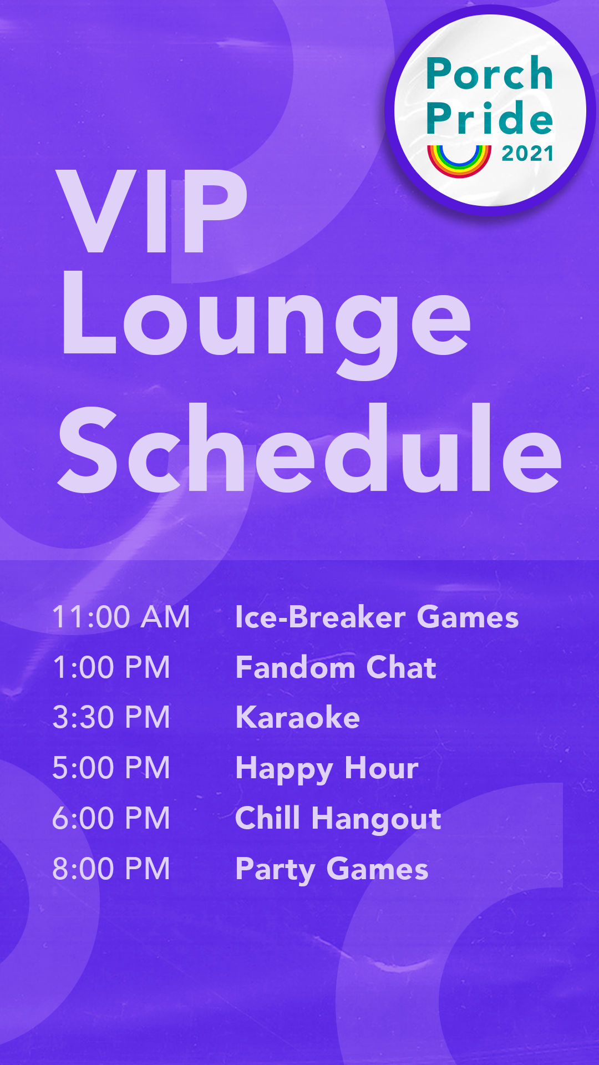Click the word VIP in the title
pyautogui.click(x=153, y=212)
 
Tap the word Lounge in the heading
pyautogui.click(x=266, y=322)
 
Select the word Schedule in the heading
pyautogui.click(x=309, y=449)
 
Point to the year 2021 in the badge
pyautogui.click(x=527, y=154)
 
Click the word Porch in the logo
pyautogui.click(x=489, y=74)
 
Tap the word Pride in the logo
pyautogui.click(x=489, y=118)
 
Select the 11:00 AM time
pyautogui.click(x=121, y=617)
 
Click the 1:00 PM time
pyautogui.click(x=111, y=667)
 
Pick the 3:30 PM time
pyautogui.click(x=111, y=717)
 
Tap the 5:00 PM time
pyautogui.click(x=111, y=768)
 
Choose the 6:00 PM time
pyautogui.click(x=111, y=818)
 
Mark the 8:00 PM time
pyautogui.click(x=111, y=869)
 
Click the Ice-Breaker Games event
pyautogui.click(x=377, y=617)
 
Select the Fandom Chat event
pyautogui.click(x=336, y=667)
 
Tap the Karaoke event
pyautogui.click(x=298, y=717)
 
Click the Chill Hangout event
pyautogui.click(x=338, y=819)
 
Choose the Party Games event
pyautogui.click(x=332, y=869)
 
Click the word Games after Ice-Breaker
pyautogui.click(x=468, y=617)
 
